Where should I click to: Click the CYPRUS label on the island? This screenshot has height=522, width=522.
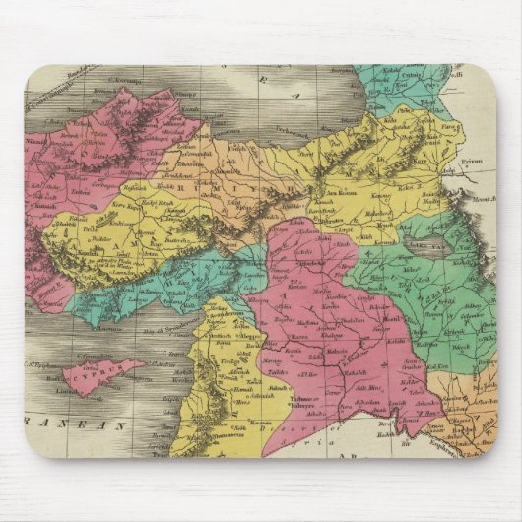point(91,376)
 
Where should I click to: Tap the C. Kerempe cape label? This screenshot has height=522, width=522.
point(126,80)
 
